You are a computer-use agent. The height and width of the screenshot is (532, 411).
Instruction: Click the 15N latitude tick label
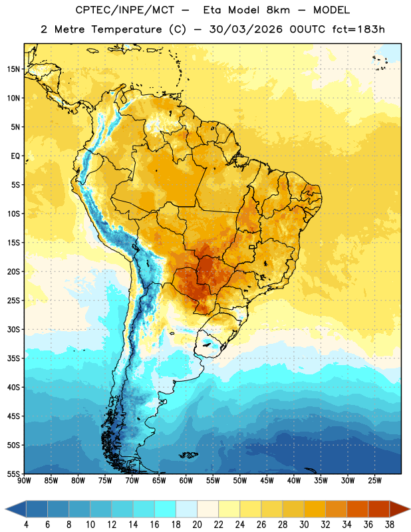coord(13,69)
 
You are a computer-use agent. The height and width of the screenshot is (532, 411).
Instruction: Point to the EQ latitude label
coord(15,156)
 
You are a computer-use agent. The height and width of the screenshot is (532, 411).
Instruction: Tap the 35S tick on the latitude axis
coord(13,358)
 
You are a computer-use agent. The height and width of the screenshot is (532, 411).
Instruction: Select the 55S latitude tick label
coord(13,474)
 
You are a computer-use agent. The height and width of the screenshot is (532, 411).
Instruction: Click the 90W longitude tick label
coord(24,481)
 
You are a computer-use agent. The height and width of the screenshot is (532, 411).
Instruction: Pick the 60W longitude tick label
coord(186,481)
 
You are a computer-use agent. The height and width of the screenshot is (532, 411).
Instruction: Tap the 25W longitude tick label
coord(374,481)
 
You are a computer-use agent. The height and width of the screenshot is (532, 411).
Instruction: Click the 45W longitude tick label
coord(267,481)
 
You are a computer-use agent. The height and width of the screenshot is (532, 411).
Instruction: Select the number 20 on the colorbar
coord(197,525)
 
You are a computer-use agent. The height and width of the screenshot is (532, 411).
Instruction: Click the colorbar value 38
coord(390,525)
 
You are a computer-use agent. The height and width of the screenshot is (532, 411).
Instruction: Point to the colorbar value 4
coord(26,525)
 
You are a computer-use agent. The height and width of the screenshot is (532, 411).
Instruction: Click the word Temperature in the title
coord(126,29)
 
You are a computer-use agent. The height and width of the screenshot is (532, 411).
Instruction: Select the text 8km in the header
coord(278,10)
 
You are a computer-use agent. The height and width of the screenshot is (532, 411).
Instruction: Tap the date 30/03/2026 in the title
coord(245,29)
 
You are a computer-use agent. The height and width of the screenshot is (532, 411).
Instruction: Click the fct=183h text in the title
coord(358,29)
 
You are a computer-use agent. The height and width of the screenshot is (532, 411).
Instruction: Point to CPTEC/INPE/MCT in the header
coord(125,10)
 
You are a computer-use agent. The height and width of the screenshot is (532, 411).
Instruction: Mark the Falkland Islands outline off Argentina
coord(188,455)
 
